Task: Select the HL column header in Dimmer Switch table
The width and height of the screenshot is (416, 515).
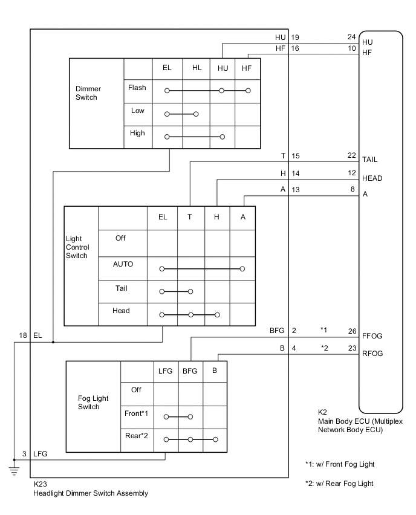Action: click(197, 68)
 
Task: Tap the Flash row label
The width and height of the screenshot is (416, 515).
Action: click(137, 88)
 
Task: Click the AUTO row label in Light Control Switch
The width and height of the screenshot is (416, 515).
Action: click(123, 264)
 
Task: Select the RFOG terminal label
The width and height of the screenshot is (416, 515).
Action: click(373, 354)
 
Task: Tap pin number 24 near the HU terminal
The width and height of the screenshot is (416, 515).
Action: click(351, 37)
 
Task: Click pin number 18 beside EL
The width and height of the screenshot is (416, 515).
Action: click(23, 335)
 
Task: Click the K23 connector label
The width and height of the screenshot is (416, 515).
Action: click(40, 484)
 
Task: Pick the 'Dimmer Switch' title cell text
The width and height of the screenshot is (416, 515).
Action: click(83, 92)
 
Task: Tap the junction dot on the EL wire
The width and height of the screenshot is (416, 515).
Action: click(53, 342)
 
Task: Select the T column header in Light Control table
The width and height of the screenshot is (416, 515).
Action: click(190, 217)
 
